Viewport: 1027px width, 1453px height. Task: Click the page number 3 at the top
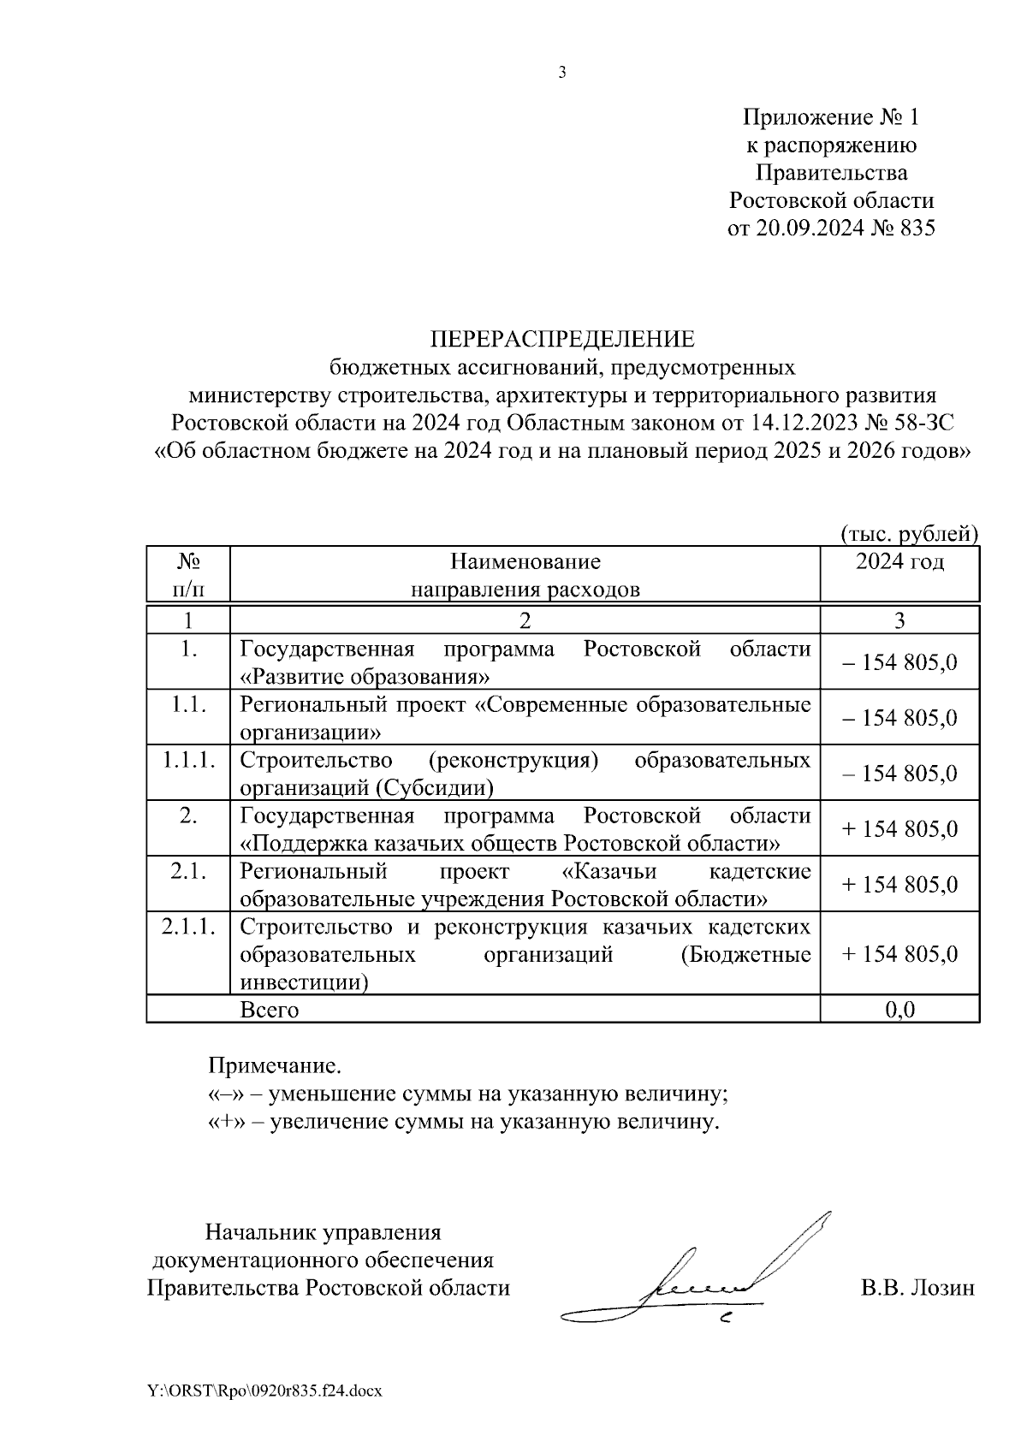coord(561,74)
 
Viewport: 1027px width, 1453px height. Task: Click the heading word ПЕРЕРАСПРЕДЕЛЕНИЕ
coord(562,340)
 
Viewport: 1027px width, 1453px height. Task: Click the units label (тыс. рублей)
coord(909,534)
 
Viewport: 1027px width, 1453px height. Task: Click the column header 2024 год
coord(899,562)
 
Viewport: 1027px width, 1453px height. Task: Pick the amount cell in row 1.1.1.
coord(899,774)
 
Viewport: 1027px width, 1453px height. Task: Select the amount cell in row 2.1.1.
coord(899,954)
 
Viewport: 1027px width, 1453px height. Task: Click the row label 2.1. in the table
coord(189,871)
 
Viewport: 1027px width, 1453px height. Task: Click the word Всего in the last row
coord(270,1010)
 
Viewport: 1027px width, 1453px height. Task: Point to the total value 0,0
coord(899,1010)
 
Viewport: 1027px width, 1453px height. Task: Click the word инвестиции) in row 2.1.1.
coord(305,982)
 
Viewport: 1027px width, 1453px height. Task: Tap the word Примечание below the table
coord(275,1066)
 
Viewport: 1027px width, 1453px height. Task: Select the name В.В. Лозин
coord(917,1288)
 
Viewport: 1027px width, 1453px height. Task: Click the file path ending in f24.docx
coord(264,1391)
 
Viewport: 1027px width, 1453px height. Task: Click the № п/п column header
coord(189,575)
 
